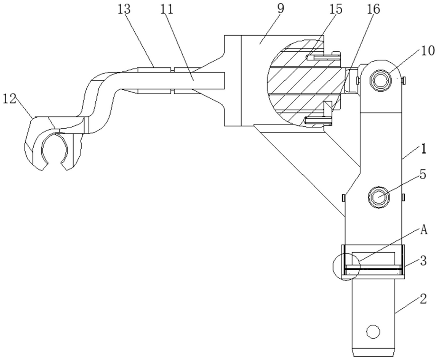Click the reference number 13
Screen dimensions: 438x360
coord(124,9)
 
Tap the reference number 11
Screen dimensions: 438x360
coord(167,9)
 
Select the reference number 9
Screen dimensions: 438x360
coord(280,9)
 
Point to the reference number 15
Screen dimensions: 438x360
coord(336,9)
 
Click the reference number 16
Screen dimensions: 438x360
coord(374,9)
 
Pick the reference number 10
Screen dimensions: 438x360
coord(429,51)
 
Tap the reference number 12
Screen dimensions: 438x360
coord(9,99)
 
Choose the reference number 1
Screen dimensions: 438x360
coord(424,149)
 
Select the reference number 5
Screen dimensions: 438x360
coord(423,175)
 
